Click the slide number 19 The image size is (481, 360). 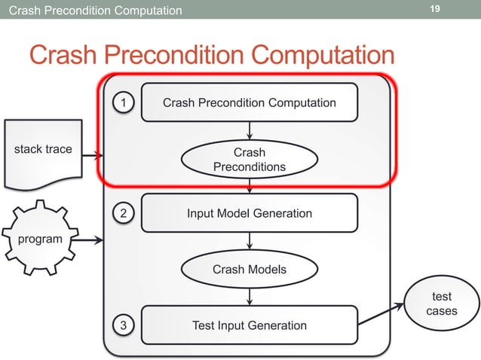tap(434, 9)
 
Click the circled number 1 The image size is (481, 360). tap(124, 102)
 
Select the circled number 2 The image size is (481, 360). tap(124, 214)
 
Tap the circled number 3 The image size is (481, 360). tap(124, 325)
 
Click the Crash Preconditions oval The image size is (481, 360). tap(250, 160)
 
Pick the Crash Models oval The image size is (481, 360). tap(250, 269)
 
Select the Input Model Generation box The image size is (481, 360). tap(250, 213)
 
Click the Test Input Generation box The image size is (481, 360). tap(250, 325)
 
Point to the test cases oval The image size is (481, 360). tap(441, 304)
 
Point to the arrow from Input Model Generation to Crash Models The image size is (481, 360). tap(250, 240)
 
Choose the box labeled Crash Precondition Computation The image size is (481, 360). tap(250, 102)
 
